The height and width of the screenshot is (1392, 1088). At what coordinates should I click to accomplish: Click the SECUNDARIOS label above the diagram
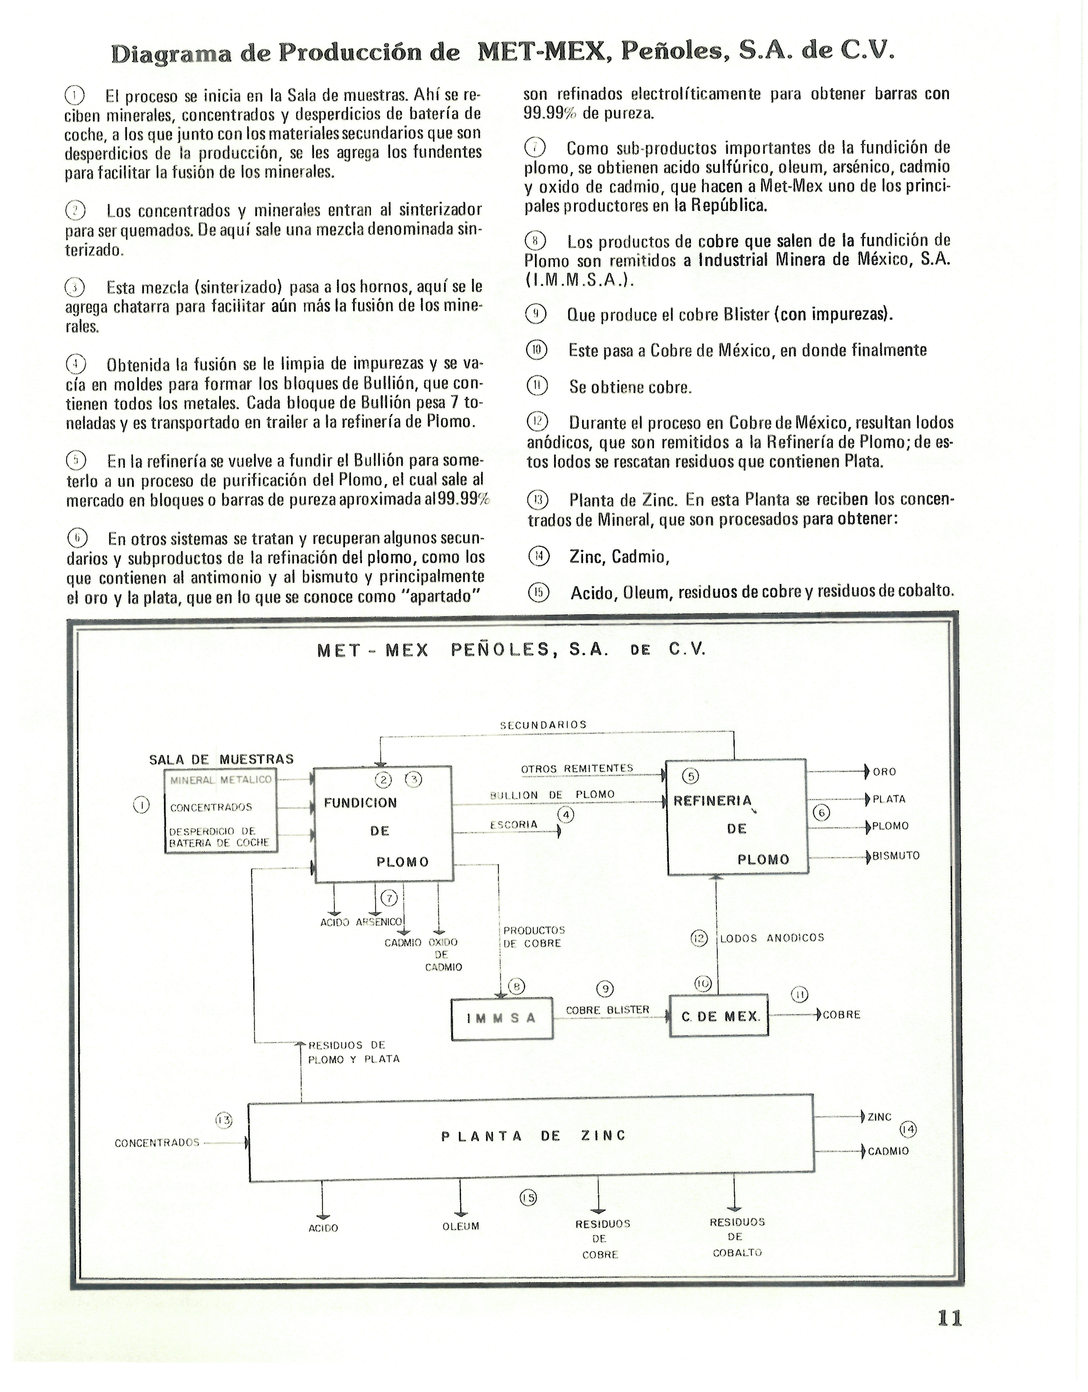pyautogui.click(x=543, y=725)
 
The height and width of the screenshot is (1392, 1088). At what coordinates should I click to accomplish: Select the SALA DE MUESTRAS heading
pyautogui.click(x=221, y=759)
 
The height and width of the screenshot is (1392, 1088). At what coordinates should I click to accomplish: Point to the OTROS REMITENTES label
pyautogui.click(x=577, y=769)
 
